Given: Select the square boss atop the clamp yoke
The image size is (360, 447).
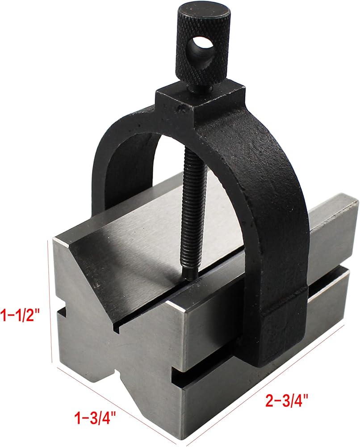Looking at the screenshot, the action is [x=199, y=103].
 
